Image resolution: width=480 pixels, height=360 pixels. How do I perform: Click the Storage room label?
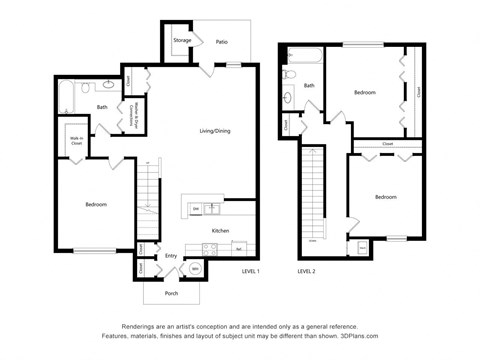[182, 41]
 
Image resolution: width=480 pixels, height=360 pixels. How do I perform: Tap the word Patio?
[221, 42]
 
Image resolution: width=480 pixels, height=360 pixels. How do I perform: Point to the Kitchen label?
[221, 231]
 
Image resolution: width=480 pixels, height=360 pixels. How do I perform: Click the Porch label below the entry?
[172, 293]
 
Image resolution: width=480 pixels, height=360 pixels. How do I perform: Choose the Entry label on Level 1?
[171, 256]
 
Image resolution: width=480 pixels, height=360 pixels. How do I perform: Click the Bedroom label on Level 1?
[96, 204]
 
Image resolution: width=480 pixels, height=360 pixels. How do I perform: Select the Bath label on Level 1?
[102, 107]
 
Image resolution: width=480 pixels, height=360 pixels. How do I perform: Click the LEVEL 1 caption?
[250, 271]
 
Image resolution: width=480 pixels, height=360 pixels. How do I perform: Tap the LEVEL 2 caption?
[306, 271]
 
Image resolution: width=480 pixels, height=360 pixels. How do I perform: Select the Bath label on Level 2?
[309, 86]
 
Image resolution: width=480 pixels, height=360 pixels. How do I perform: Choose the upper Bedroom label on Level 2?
[364, 92]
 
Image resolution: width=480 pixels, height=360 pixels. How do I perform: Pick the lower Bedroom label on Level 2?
[385, 197]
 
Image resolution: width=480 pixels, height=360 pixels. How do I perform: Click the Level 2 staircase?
[313, 195]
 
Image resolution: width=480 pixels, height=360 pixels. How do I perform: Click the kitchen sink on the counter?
[211, 208]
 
